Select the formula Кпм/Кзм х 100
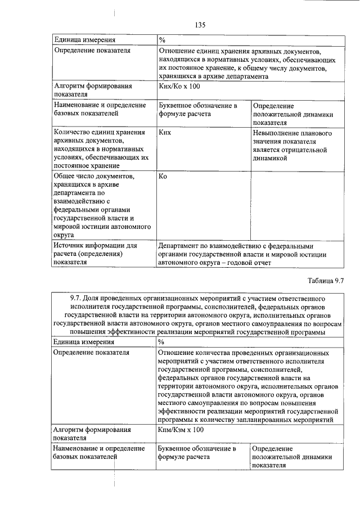[181, 430]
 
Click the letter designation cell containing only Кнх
[165, 133]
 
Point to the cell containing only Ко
[163, 176]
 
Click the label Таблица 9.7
[325, 280]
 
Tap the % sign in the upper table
[161, 40]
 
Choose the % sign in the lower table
[161, 341]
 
